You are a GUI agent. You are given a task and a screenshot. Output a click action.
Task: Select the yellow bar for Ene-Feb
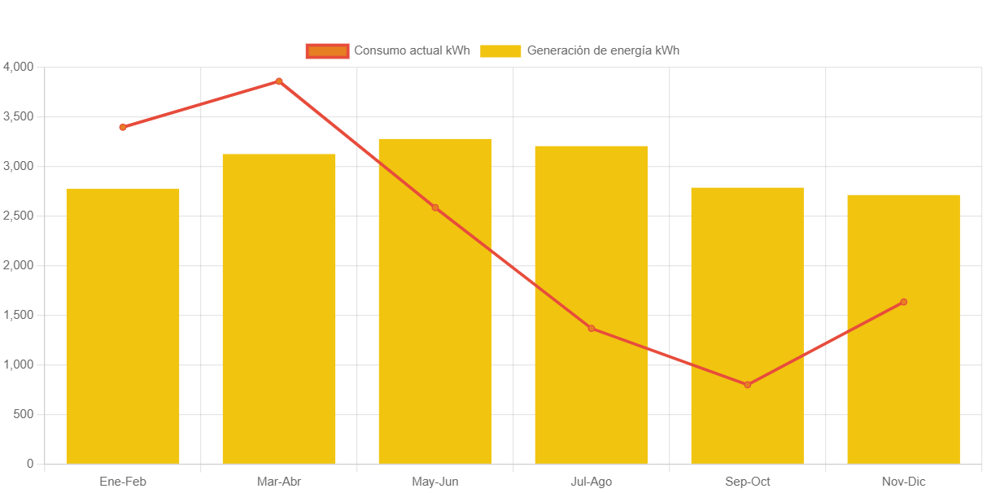tap(123, 325)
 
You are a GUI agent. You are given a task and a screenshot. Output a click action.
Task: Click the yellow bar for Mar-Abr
tap(279, 309)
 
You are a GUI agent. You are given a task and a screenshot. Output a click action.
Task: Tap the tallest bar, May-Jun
tap(435, 301)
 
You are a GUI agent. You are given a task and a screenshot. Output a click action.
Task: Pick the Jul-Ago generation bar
tap(592, 305)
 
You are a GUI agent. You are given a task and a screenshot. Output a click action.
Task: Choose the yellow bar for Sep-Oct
tap(748, 325)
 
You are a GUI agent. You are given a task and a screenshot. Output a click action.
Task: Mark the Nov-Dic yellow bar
tap(903, 329)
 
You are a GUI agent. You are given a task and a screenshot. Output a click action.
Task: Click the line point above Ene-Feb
tap(123, 127)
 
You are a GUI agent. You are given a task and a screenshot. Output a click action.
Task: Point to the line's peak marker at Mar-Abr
tap(279, 81)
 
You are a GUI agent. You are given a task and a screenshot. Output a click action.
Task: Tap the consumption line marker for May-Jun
tap(435, 207)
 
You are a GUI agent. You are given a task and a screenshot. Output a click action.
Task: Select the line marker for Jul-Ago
tap(592, 329)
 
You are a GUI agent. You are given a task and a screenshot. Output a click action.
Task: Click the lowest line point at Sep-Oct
tap(748, 385)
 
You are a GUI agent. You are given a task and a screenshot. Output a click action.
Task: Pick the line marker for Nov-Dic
tap(903, 302)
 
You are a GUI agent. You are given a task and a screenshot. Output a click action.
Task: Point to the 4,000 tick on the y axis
tap(19, 66)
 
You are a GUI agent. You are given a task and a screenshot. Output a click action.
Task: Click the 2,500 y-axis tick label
tap(19, 216)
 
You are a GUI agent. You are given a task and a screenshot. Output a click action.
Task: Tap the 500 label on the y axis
tap(24, 414)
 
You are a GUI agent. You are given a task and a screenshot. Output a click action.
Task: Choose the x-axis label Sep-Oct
tap(748, 482)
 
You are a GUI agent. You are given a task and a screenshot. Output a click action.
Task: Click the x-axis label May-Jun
tap(435, 482)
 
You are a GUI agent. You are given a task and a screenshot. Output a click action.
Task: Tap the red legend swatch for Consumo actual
tap(327, 50)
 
